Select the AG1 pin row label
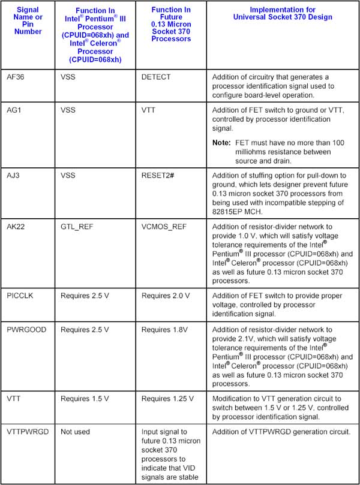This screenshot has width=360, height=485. point(14,112)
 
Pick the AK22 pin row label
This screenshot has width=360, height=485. point(16,228)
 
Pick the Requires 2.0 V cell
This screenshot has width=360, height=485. point(166,296)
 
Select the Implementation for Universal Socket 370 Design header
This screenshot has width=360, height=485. point(281,13)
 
